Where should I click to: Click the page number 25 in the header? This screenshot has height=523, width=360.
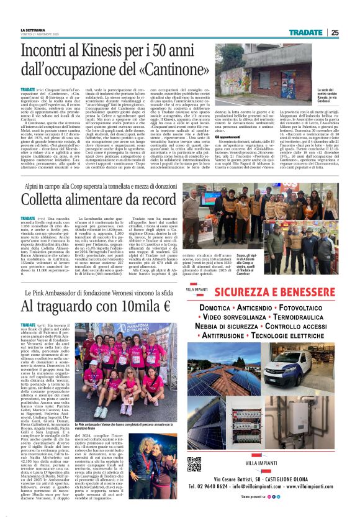click(335, 33)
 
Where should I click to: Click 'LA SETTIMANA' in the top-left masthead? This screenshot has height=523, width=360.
click(32, 30)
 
